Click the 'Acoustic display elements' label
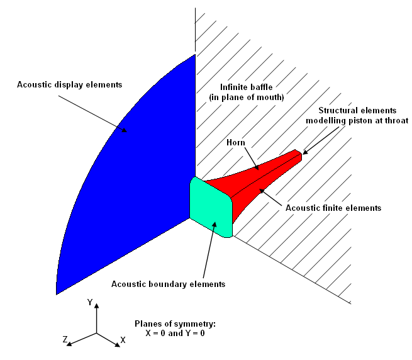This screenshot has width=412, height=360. point(70,84)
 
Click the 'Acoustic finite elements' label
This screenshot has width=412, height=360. point(333,207)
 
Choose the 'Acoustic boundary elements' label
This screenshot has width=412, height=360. point(168,284)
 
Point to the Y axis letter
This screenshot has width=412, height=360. point(91,303)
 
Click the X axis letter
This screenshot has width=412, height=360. point(123,340)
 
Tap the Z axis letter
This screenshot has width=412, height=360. point(65,340)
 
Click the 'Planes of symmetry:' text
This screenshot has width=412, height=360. point(175,323)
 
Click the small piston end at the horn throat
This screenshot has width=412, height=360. point(299,154)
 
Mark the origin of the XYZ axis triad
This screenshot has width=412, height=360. point(96,332)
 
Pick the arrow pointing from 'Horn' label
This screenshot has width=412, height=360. point(249,157)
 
